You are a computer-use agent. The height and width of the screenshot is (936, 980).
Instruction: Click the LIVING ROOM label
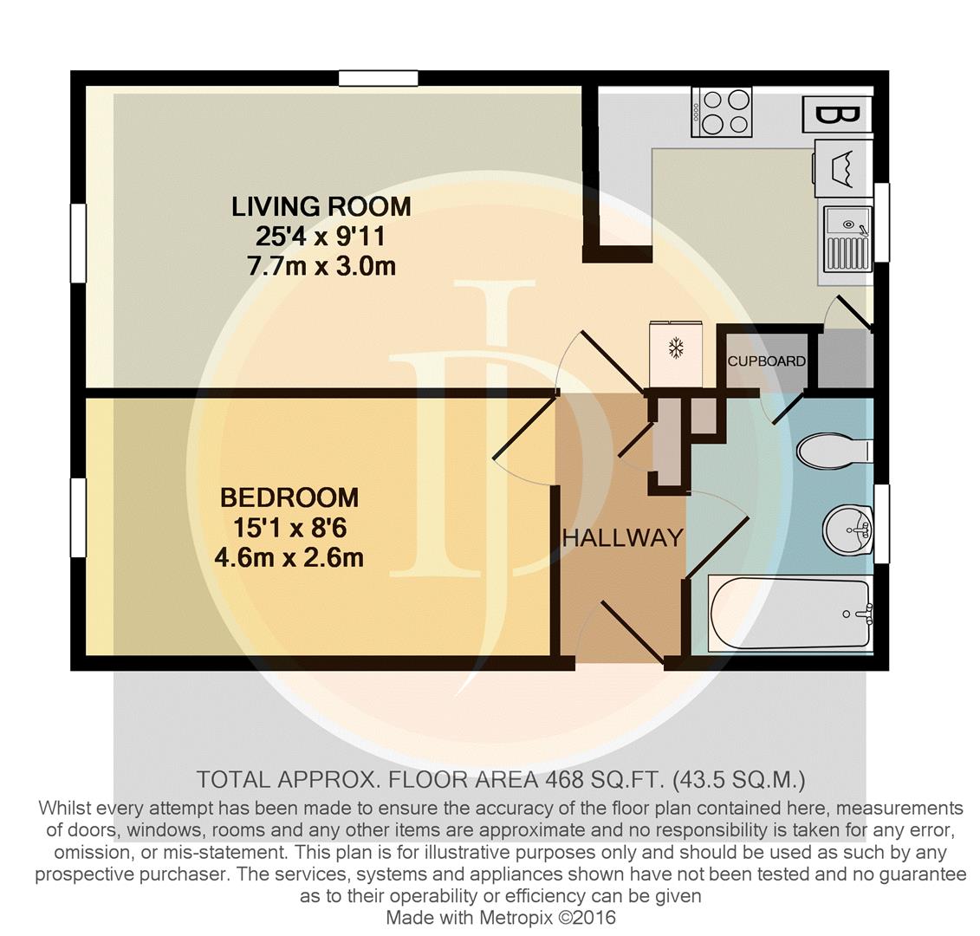321,206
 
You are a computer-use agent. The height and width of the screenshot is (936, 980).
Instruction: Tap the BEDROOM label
289,497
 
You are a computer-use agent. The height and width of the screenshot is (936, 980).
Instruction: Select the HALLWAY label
623,537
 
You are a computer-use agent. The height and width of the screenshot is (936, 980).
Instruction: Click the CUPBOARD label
766,361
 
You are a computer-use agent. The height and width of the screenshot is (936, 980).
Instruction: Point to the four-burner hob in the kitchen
721,111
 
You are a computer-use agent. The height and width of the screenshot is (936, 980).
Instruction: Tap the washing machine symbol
842,168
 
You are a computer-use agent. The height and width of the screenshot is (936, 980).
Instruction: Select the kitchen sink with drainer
847,239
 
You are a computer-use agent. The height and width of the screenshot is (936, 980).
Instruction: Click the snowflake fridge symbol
676,354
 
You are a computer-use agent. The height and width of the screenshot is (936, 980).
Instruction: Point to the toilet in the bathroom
834,450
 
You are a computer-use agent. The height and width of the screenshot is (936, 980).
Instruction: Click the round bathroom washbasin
847,530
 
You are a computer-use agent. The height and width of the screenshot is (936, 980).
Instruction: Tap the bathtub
790,614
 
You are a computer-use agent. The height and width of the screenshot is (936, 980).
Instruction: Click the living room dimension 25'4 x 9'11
321,237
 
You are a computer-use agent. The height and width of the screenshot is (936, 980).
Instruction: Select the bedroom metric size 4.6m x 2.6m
289,557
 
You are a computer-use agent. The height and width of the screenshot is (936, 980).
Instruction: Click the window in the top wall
378,78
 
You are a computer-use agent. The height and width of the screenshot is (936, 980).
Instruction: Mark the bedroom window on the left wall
78,517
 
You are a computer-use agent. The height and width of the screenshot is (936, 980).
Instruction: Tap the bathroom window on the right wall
881,523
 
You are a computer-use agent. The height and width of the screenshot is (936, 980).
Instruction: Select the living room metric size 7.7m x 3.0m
321,266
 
